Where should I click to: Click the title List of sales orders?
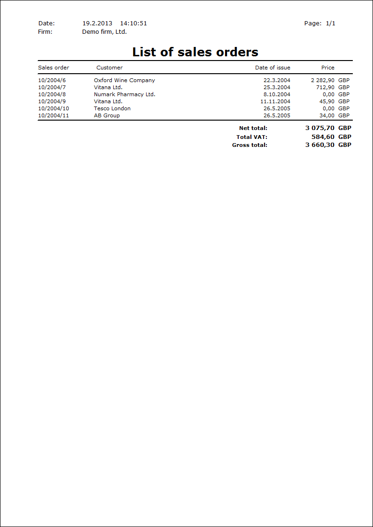point(195,52)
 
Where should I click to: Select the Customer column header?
point(109,68)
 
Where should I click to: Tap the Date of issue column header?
point(272,68)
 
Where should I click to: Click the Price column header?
point(328,68)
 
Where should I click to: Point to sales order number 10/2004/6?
point(52,80)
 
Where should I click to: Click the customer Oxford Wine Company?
point(124,80)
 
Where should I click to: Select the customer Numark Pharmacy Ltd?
point(124,94)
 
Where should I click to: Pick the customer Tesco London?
point(112,108)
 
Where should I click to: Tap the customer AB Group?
point(107,115)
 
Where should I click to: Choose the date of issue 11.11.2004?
point(275,101)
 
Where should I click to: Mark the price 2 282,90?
point(323,80)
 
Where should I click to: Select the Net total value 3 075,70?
point(320,128)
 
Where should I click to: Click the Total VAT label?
point(252,137)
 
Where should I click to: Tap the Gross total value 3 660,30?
point(320,145)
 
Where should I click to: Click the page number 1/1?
point(330,23)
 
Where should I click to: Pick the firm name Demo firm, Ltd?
point(104,32)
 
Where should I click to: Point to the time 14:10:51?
point(133,23)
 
